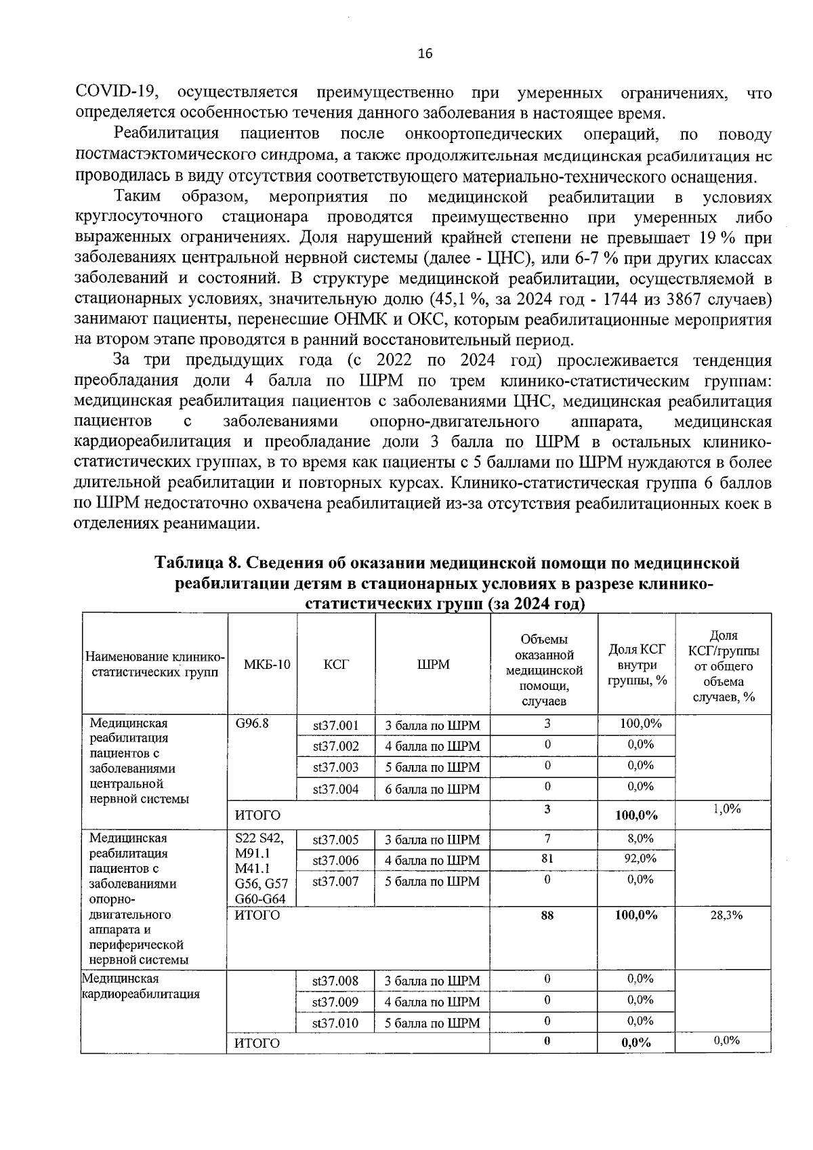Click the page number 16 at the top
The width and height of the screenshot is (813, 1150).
(x=425, y=54)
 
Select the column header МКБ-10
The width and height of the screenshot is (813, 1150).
(x=266, y=665)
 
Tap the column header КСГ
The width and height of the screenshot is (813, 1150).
(x=336, y=665)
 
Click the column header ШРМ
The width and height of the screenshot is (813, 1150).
(x=433, y=665)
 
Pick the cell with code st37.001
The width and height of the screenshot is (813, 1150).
(x=335, y=726)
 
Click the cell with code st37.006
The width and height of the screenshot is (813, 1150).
(x=335, y=861)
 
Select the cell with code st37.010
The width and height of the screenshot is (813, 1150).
(x=335, y=1023)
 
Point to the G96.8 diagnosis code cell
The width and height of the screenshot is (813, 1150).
(x=252, y=723)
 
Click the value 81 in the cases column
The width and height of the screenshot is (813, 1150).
(x=547, y=859)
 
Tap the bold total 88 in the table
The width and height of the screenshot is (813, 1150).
(x=547, y=916)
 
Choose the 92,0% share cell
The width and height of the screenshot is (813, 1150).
(x=637, y=859)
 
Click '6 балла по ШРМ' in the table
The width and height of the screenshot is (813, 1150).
(x=432, y=789)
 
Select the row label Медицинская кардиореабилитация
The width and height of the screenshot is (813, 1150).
(x=140, y=987)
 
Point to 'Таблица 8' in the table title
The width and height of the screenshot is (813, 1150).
(x=197, y=563)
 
